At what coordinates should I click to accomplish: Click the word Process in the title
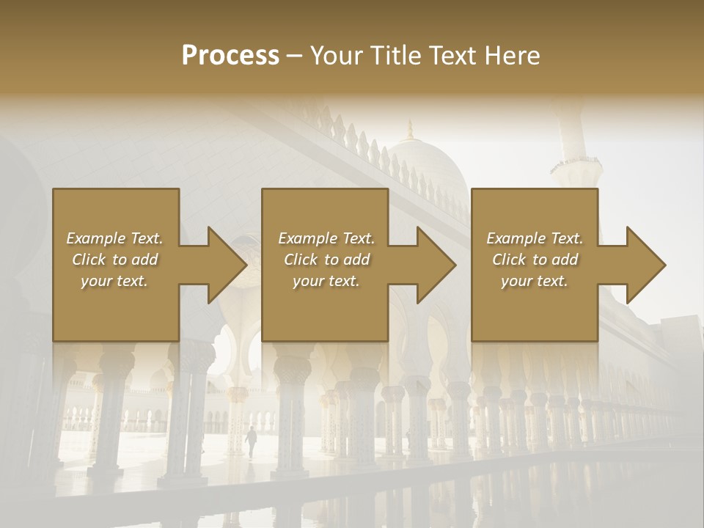point(230,55)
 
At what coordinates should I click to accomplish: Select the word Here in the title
point(512,55)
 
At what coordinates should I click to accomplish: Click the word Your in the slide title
point(335,55)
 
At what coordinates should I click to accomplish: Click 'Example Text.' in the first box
point(114,238)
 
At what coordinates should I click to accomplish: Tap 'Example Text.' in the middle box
point(326,238)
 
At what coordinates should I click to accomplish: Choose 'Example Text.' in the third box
point(535,238)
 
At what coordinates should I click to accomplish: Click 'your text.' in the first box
point(114,281)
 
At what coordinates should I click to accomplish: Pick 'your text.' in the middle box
point(326,281)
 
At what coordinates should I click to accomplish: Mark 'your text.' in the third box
point(535,281)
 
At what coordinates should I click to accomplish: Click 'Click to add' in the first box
point(114,260)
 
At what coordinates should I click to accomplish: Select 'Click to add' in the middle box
point(326,260)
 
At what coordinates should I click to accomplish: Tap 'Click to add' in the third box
point(535,260)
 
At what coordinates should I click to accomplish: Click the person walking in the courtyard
point(252,442)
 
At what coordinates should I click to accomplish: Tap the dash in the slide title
point(295,56)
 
